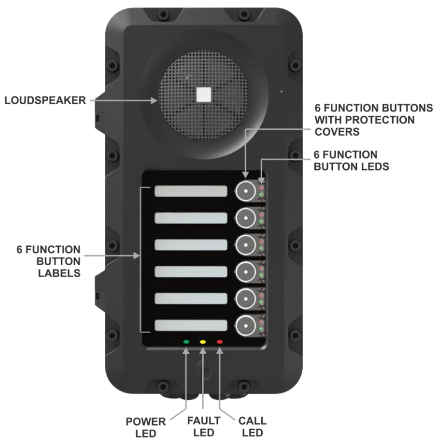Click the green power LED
point(187,343)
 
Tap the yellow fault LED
point(203,343)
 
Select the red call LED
point(220,343)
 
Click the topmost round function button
point(245,191)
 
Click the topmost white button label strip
point(191,191)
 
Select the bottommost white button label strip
point(191,326)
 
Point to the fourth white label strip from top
point(191,272)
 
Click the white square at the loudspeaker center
point(204,94)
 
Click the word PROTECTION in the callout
point(356,120)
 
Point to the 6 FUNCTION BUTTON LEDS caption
point(351,160)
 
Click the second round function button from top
point(245,218)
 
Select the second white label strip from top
point(191,218)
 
